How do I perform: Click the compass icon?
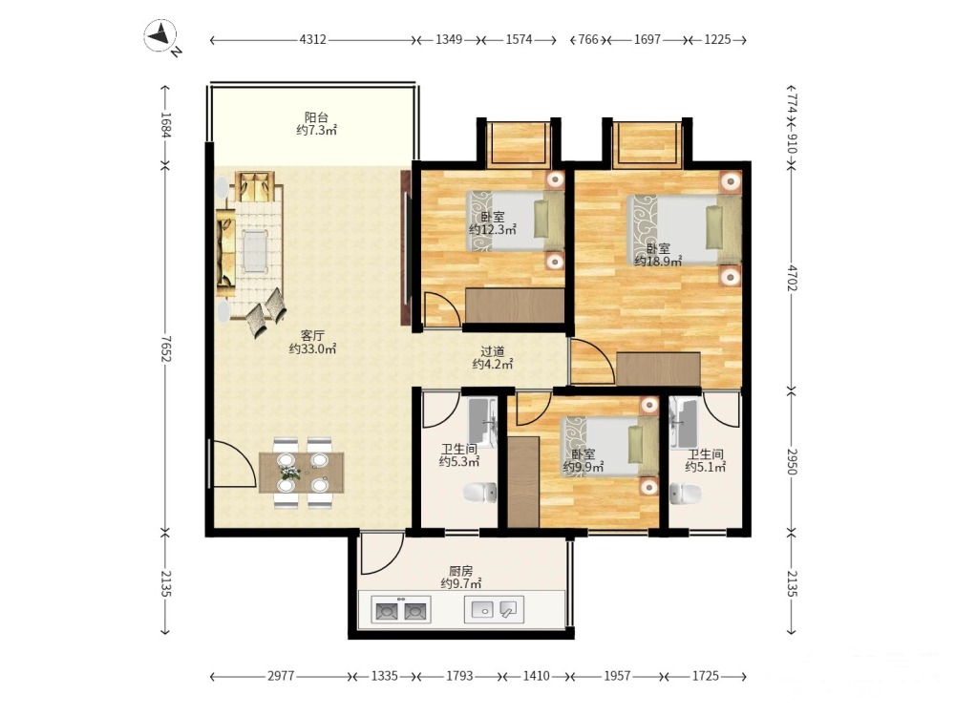[x=160, y=35]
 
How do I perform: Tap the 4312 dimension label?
[x=312, y=39]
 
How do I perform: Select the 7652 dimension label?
[x=165, y=348]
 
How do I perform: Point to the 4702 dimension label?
[x=792, y=277]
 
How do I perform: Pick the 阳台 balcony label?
[x=317, y=116]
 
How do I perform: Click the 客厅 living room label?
[x=312, y=335]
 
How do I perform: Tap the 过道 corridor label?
[x=493, y=351]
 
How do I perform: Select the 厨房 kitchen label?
[x=461, y=571]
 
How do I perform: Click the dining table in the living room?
[x=302, y=473]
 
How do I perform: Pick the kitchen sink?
[x=494, y=609]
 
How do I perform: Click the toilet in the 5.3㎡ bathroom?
[x=480, y=492]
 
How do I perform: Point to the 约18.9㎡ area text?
[x=658, y=262]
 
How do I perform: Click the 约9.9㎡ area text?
[x=584, y=467]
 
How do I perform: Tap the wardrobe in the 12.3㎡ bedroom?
[x=515, y=305]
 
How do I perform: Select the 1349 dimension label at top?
[x=449, y=39]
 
